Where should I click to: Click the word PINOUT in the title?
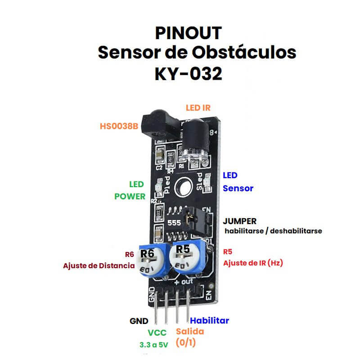(189, 33)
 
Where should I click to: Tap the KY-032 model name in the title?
(189, 73)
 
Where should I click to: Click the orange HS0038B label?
(119, 126)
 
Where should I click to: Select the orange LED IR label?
(198, 108)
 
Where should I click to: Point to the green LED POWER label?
(130, 190)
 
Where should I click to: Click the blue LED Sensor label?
(238, 182)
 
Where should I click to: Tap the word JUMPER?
(240, 221)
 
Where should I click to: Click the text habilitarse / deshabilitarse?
(273, 230)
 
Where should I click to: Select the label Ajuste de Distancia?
(99, 265)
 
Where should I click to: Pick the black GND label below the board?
(139, 321)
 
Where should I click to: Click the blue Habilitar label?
(209, 321)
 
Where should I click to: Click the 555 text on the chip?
(174, 223)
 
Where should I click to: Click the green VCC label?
(157, 333)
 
